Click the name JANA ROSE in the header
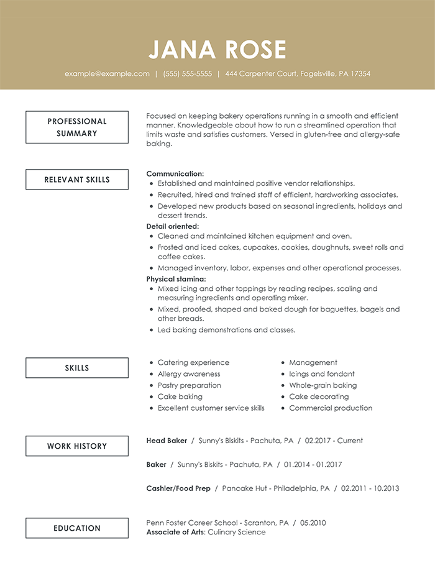[x=217, y=50]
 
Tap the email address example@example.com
[x=107, y=73]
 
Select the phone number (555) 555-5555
[x=187, y=73]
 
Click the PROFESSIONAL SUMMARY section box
[x=77, y=127]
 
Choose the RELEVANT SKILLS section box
[x=77, y=180]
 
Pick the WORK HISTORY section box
[x=77, y=446]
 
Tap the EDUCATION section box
[x=77, y=528]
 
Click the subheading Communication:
[x=175, y=174]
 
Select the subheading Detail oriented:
[x=173, y=226]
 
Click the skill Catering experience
[x=193, y=362]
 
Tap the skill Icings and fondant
[x=322, y=374]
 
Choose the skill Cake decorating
[x=319, y=396]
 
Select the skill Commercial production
[x=331, y=408]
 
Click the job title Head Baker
[x=167, y=441]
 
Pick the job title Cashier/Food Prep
[x=178, y=488]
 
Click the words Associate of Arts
[x=176, y=532]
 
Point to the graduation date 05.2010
[x=313, y=523]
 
